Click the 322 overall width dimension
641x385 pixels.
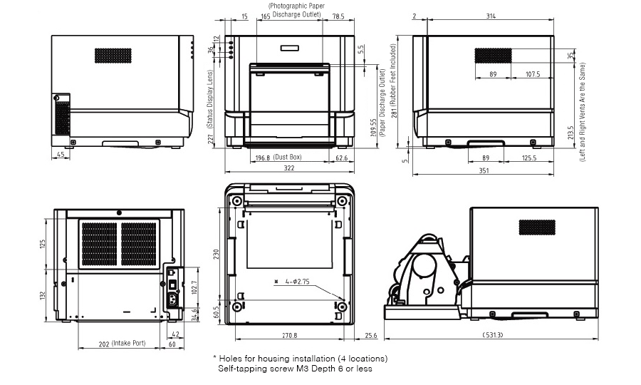point(288,168)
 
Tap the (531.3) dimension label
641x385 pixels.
point(491,334)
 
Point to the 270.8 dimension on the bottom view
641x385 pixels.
point(289,334)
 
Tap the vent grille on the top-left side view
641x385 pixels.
point(113,56)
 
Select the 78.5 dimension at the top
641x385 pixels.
point(338,16)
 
